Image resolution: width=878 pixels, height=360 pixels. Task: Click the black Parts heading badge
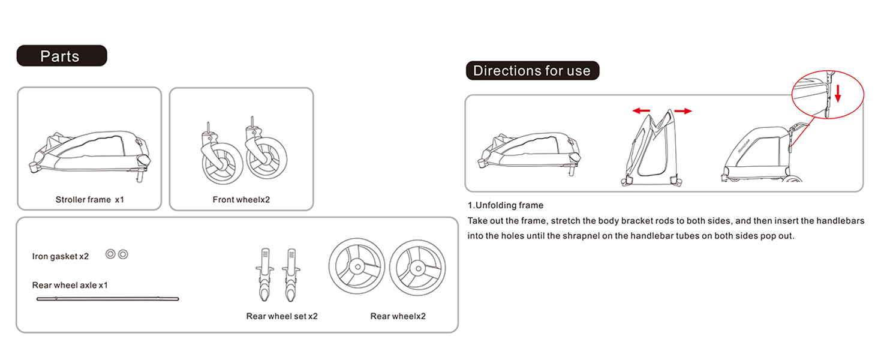click(x=62, y=56)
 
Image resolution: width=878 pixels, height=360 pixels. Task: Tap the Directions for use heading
click(x=533, y=71)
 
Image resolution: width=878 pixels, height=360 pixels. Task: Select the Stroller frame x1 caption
click(x=90, y=200)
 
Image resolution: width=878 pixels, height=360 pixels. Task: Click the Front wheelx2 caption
click(x=241, y=200)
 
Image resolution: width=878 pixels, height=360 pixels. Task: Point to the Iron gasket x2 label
click(x=61, y=256)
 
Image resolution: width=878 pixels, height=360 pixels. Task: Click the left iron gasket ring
click(x=110, y=254)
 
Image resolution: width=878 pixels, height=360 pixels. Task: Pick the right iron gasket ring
click(x=123, y=254)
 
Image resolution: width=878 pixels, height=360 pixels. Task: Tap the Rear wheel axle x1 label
click(x=70, y=285)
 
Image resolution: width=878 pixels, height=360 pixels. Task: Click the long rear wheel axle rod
click(x=108, y=299)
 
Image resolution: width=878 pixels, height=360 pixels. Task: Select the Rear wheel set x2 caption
click(x=282, y=316)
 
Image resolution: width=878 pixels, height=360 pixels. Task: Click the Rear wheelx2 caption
click(x=398, y=316)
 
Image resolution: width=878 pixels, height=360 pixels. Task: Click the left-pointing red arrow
click(x=641, y=111)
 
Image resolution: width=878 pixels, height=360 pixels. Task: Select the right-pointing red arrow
click(x=683, y=112)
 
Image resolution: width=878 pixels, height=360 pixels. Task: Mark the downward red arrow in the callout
click(x=838, y=94)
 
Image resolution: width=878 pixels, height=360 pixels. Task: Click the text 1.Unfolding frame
click(x=505, y=205)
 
